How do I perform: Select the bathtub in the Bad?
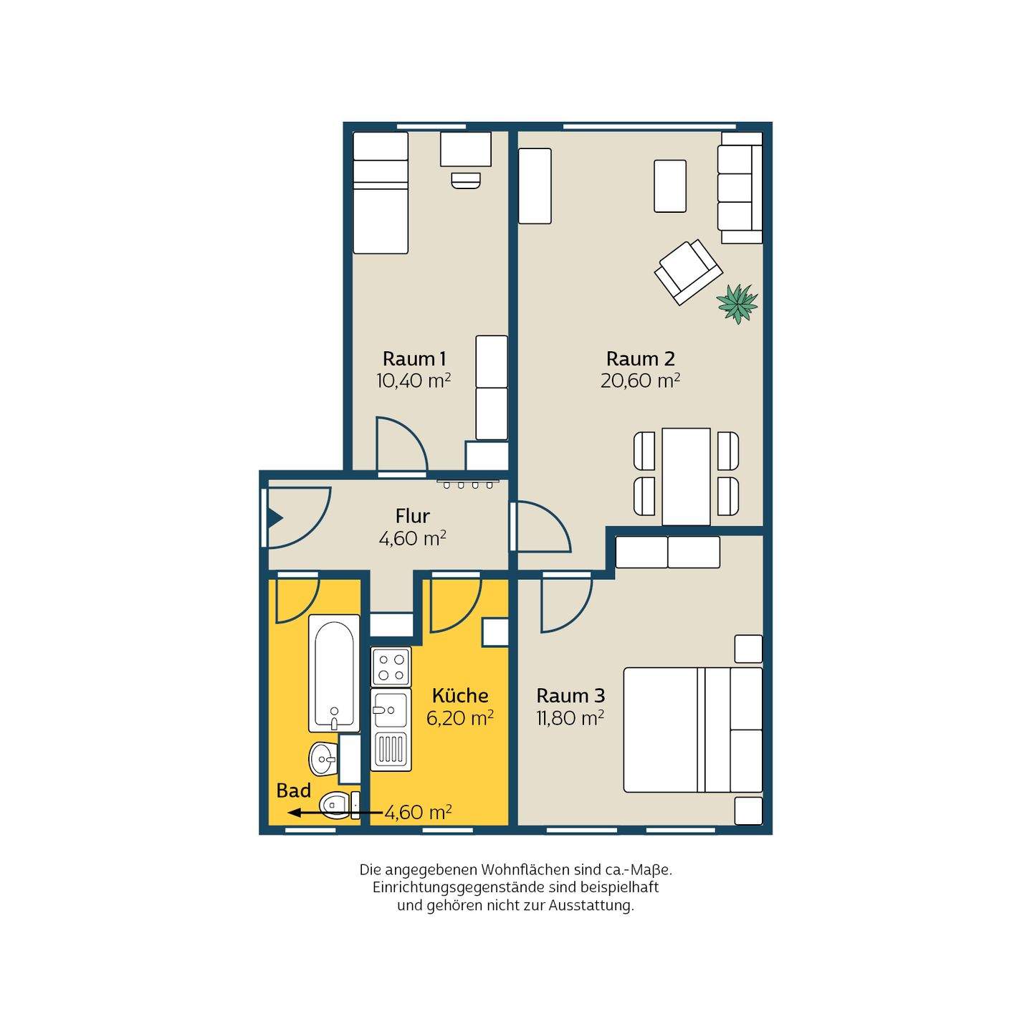pos(334,673)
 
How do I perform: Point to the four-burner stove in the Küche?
pos(391,666)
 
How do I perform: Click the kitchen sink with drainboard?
pos(391,730)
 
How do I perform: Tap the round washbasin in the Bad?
pos(323,758)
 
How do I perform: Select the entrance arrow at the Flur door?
pos(274,517)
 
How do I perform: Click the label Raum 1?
pos(414,358)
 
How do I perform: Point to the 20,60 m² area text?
pos(640,381)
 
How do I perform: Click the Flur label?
pos(412,516)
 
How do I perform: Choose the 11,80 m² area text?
pos(570,717)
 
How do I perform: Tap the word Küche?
pos(460,695)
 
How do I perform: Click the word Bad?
pos(294,790)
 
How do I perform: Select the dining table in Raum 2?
pos(686,477)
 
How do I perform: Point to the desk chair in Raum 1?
pos(466,180)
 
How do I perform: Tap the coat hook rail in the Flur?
pos(468,483)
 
